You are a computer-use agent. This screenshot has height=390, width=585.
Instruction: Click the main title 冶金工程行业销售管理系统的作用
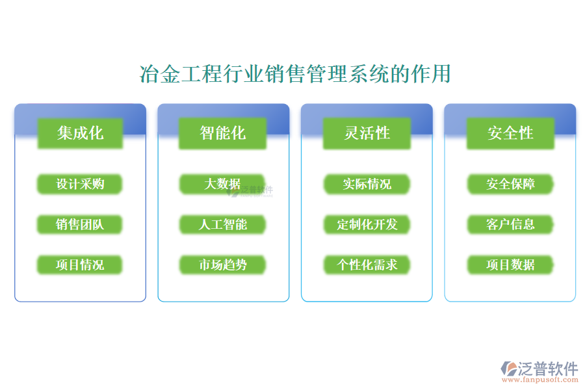[295, 74]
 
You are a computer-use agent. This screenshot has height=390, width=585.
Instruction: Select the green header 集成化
[80, 133]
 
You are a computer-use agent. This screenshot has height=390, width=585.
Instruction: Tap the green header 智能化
[223, 133]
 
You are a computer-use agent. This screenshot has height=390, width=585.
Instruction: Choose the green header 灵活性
[367, 133]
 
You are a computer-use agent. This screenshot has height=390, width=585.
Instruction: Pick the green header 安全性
[510, 133]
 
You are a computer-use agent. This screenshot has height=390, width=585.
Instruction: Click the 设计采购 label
[80, 185]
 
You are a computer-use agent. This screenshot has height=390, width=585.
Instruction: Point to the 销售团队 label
[80, 225]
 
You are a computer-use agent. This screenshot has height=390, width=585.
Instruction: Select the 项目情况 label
[80, 265]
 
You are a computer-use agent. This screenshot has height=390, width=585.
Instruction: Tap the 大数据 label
[222, 185]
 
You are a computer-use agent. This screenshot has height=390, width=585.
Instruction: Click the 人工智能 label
[223, 225]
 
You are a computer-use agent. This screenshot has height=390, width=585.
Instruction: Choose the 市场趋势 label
[223, 265]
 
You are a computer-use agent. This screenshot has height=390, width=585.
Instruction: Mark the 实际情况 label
[367, 185]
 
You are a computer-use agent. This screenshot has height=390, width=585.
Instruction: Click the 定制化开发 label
[367, 225]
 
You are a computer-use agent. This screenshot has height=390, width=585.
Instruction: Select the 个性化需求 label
[367, 265]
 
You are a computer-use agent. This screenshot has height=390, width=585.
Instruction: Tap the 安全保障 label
[510, 185]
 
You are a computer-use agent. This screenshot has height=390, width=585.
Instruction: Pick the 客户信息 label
[510, 225]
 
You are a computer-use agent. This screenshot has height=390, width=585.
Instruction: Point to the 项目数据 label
[510, 265]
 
